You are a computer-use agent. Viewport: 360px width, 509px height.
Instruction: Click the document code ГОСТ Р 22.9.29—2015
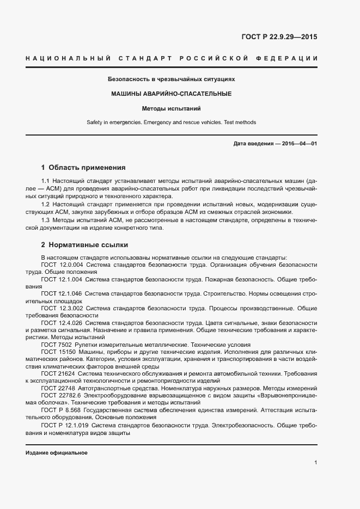(x=279, y=38)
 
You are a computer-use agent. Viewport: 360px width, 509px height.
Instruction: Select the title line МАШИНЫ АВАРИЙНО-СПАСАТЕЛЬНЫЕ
(x=172, y=94)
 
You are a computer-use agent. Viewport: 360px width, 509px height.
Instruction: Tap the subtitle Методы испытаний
(x=172, y=108)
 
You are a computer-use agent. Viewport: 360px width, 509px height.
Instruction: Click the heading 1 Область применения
(x=83, y=168)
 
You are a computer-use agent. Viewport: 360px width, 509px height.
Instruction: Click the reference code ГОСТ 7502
(x=56, y=345)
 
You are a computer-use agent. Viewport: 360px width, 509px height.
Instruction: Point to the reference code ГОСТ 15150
(x=57, y=352)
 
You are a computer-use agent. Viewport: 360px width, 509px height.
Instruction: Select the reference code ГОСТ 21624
(x=57, y=373)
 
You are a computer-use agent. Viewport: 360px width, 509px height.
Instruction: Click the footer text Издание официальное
(x=57, y=453)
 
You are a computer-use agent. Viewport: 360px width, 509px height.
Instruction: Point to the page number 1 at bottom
(x=315, y=463)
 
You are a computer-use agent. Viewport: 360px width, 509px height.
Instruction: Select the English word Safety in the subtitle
(x=95, y=122)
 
